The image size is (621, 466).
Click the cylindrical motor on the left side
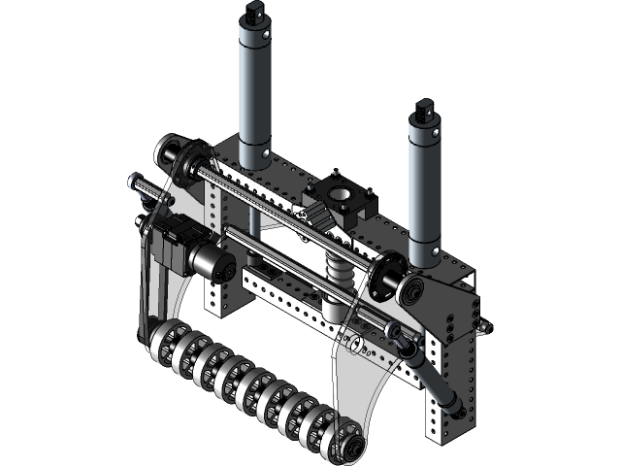point(212,260)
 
